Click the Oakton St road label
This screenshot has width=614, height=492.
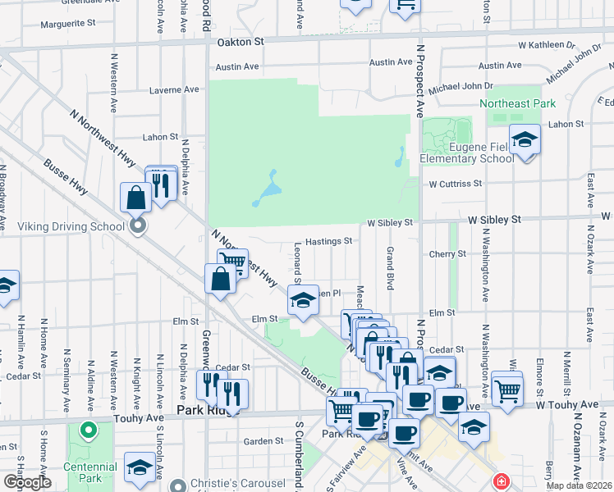[240, 41]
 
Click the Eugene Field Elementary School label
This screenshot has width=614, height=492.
[467, 153]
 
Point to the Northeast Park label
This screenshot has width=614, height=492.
[518, 103]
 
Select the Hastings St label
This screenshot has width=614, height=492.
[328, 242]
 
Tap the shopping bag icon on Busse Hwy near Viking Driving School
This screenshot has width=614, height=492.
[135, 198]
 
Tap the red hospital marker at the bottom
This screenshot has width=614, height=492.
[500, 481]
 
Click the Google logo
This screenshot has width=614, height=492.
[27, 482]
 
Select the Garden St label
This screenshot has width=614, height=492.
[263, 441]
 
